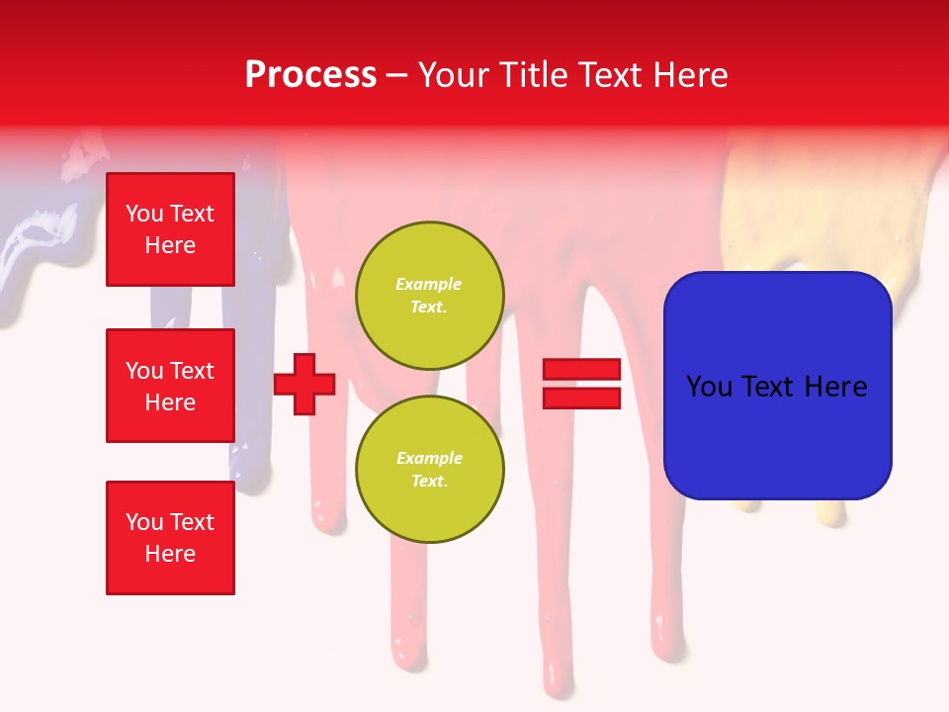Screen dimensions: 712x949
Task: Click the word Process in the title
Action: [310, 75]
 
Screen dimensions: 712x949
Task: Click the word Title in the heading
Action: [529, 75]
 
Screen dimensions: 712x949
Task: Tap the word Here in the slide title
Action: [690, 75]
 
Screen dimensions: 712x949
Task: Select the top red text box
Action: [170, 229]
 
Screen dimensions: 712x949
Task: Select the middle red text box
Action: [170, 386]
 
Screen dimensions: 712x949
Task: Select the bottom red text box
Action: [170, 538]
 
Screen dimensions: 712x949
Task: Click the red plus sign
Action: [304, 384]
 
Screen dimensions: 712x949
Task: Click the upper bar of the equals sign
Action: [581, 370]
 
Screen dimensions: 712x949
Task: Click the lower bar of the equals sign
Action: [581, 398]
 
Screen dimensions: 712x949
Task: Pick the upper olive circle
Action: [430, 296]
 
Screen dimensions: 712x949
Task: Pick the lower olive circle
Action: [430, 470]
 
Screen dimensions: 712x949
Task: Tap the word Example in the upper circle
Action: [428, 284]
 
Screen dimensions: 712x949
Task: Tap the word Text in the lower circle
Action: [428, 481]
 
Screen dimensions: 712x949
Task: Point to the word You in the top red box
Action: [143, 214]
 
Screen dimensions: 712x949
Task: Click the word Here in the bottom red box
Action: [170, 554]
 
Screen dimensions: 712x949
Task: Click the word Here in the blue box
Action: [835, 387]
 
